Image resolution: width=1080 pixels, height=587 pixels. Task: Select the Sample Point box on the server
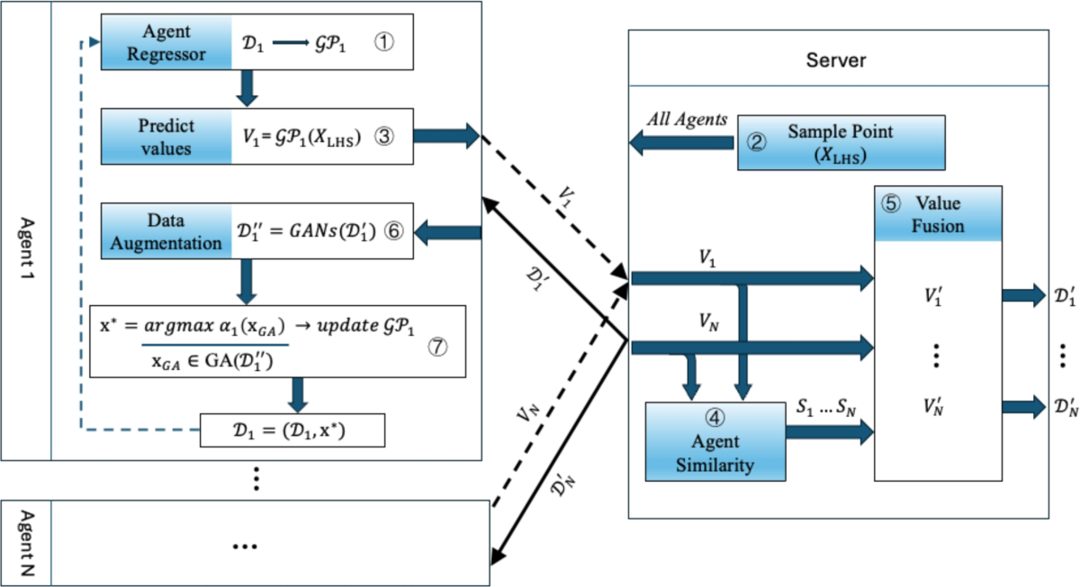tap(841, 142)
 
